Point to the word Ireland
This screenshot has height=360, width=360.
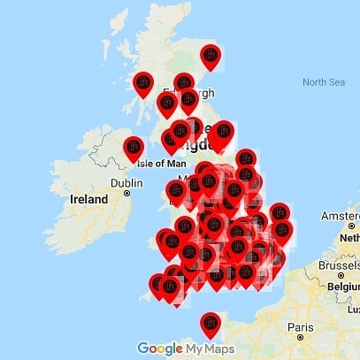click(88, 201)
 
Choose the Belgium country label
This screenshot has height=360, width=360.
click(340, 287)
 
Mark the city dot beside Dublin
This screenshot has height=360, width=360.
click(127, 192)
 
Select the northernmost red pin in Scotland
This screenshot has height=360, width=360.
click(211, 56)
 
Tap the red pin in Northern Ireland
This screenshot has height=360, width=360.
click(134, 146)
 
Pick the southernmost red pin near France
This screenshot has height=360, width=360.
click(210, 323)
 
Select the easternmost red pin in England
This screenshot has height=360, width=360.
click(280, 214)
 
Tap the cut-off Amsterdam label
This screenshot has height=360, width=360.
click(343, 218)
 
